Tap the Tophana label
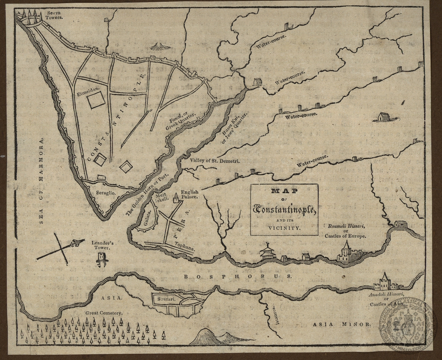(184, 247)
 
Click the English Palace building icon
(175, 199)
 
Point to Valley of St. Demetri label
(215, 161)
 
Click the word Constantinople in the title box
(284, 210)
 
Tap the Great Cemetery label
(104, 313)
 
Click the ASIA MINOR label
(341, 324)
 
